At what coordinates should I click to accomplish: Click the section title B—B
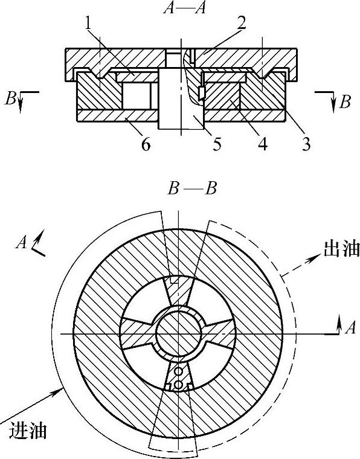191,189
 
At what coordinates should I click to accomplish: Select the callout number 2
241,22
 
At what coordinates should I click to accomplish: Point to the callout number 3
306,144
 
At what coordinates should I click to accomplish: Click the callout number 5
217,144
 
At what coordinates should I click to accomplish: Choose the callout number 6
146,144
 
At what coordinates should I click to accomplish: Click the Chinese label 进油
28,431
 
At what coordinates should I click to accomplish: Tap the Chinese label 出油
341,249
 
